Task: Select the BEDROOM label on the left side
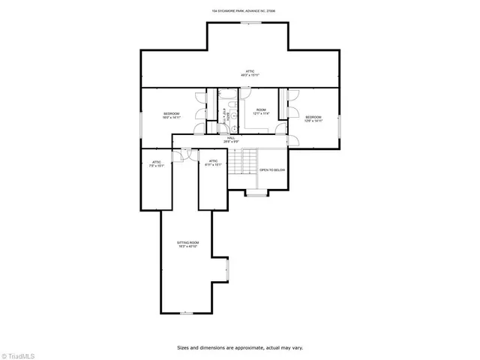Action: pyautogui.click(x=171, y=115)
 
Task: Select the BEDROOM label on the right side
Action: pyautogui.click(x=313, y=118)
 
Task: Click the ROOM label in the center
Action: pyautogui.click(x=261, y=112)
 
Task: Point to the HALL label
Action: pyautogui.click(x=232, y=139)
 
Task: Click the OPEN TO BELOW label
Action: pyautogui.click(x=272, y=170)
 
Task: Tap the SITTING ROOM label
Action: pyautogui.click(x=187, y=245)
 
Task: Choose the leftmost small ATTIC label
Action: pyautogui.click(x=157, y=163)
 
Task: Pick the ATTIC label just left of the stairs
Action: pyautogui.click(x=213, y=163)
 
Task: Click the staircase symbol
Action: pyautogui.click(x=242, y=161)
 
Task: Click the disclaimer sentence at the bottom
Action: pyautogui.click(x=239, y=347)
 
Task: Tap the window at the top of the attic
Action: pyautogui.click(x=250, y=22)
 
